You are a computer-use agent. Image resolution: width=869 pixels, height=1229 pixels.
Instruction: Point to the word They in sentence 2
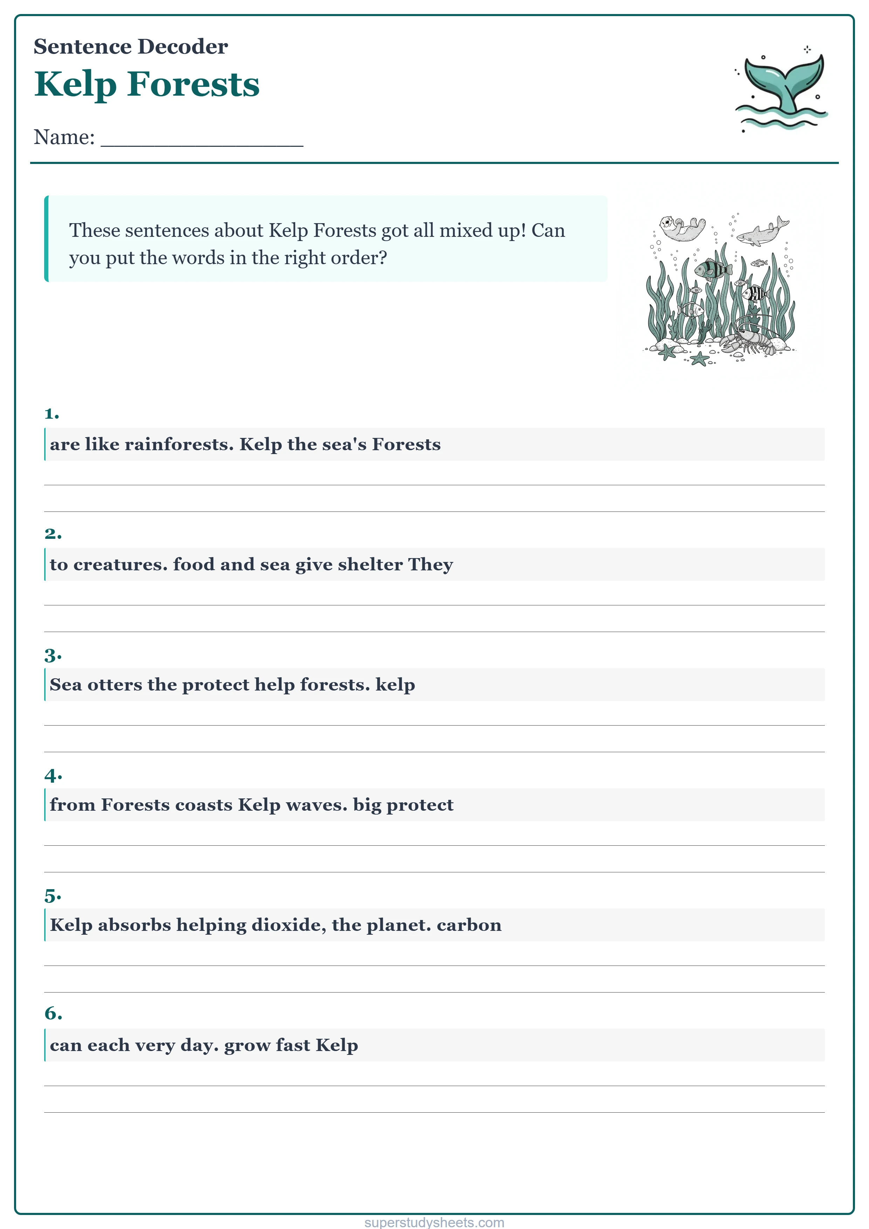(x=431, y=565)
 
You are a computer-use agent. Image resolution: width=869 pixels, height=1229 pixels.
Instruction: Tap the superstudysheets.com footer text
(x=434, y=1222)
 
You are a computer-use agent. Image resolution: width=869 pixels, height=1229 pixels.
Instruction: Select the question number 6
(x=53, y=1013)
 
